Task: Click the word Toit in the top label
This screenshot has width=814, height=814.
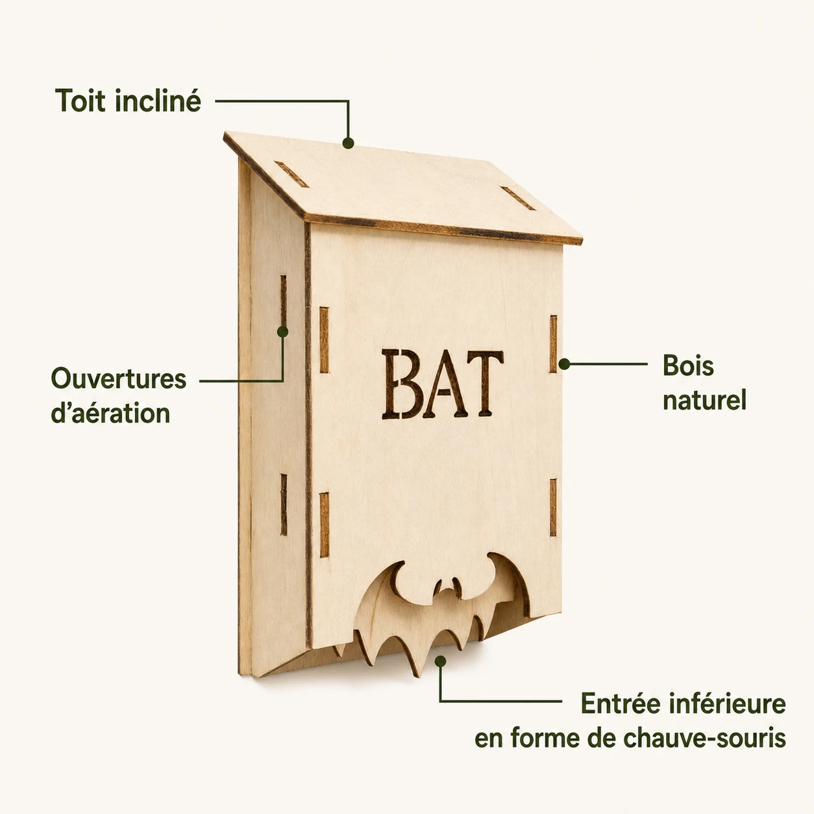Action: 80,101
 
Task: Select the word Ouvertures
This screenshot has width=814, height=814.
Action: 119,378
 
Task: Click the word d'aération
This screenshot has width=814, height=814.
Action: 110,413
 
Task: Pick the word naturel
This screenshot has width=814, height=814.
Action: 704,400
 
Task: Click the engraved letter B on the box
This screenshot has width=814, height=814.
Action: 402,384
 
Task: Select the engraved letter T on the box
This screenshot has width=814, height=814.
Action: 486,383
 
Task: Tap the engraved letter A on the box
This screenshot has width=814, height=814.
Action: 445,384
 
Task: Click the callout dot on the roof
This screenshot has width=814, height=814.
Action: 348,143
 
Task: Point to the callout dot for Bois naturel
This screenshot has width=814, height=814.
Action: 564,364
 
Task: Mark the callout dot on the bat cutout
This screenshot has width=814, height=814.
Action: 441,661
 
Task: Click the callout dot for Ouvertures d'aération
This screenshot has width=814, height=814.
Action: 282,332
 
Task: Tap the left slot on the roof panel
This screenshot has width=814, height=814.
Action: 292,173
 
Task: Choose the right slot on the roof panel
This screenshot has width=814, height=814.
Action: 518,198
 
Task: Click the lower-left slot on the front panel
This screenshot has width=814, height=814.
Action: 324,525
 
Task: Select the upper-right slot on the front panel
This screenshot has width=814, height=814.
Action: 553,344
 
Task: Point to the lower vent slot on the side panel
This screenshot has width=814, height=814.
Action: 284,505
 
